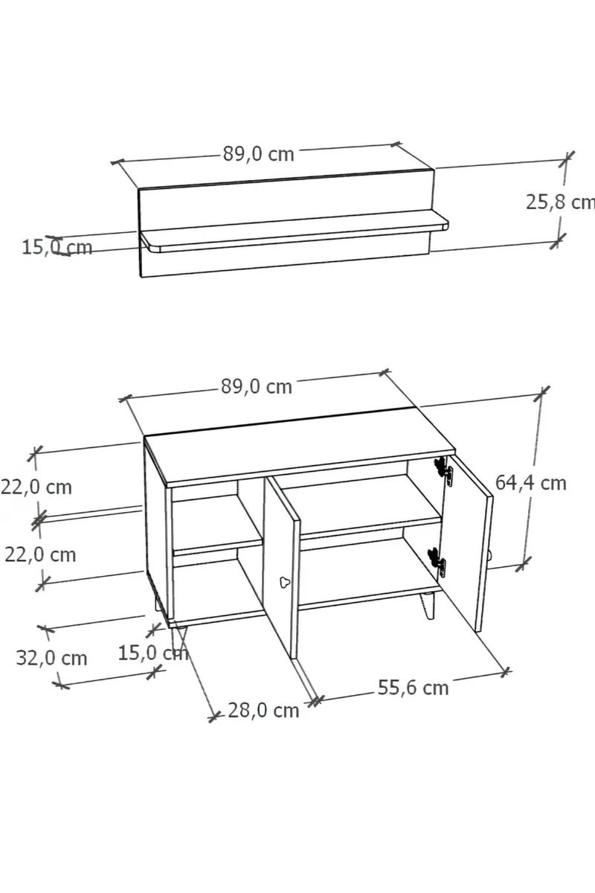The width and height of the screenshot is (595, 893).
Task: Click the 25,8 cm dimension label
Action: tap(560, 202)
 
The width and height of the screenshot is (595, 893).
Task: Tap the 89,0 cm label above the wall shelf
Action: tap(259, 154)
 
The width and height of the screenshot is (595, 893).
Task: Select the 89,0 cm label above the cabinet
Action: tap(257, 387)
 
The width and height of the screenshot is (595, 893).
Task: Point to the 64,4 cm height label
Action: tap(531, 483)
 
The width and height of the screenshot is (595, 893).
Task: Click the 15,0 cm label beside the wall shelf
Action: tap(57, 248)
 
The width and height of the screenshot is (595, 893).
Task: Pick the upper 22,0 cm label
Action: tap(36, 487)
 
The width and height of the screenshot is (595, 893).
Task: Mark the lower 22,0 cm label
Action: tap(40, 555)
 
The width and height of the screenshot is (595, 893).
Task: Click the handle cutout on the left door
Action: tap(285, 583)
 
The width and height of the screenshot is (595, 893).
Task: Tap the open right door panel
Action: tap(468, 544)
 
